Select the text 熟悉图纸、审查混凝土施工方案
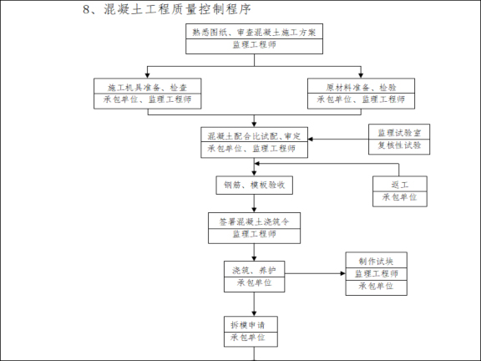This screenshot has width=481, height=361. [x=254, y=32]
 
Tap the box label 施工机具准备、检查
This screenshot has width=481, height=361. [x=147, y=87]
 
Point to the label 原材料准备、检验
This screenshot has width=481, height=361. [x=361, y=87]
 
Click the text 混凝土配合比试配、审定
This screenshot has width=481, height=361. [x=254, y=135]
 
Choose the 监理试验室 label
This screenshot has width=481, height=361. [x=398, y=132]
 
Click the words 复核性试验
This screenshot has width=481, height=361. [x=398, y=145]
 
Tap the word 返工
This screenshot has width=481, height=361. [x=398, y=184]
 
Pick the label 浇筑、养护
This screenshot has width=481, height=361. [x=254, y=270]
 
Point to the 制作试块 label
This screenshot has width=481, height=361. [x=376, y=261]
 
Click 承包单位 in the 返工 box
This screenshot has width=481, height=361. [x=398, y=197]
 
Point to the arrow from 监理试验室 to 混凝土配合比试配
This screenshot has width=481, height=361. [x=338, y=140]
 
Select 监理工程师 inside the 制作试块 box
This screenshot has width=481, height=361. [x=376, y=273]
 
